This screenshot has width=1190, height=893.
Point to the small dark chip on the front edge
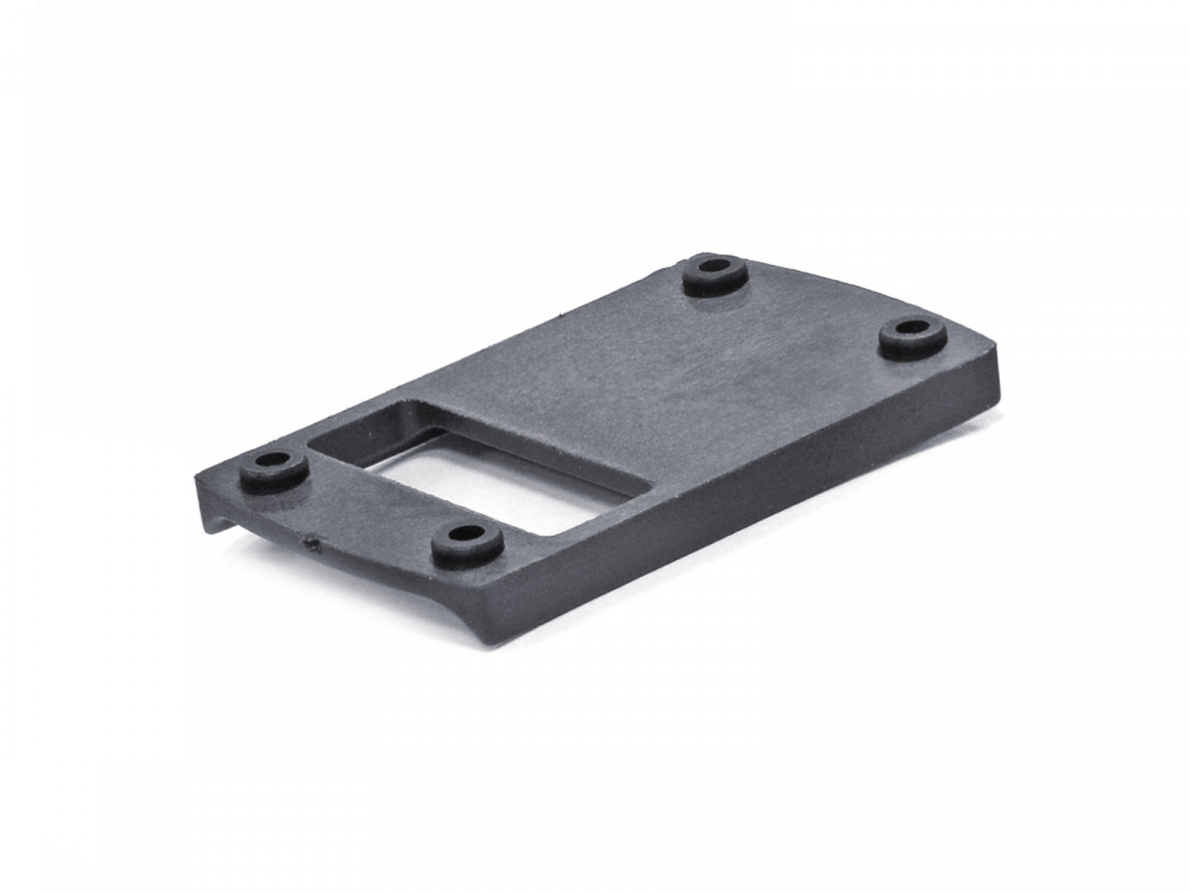310,543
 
